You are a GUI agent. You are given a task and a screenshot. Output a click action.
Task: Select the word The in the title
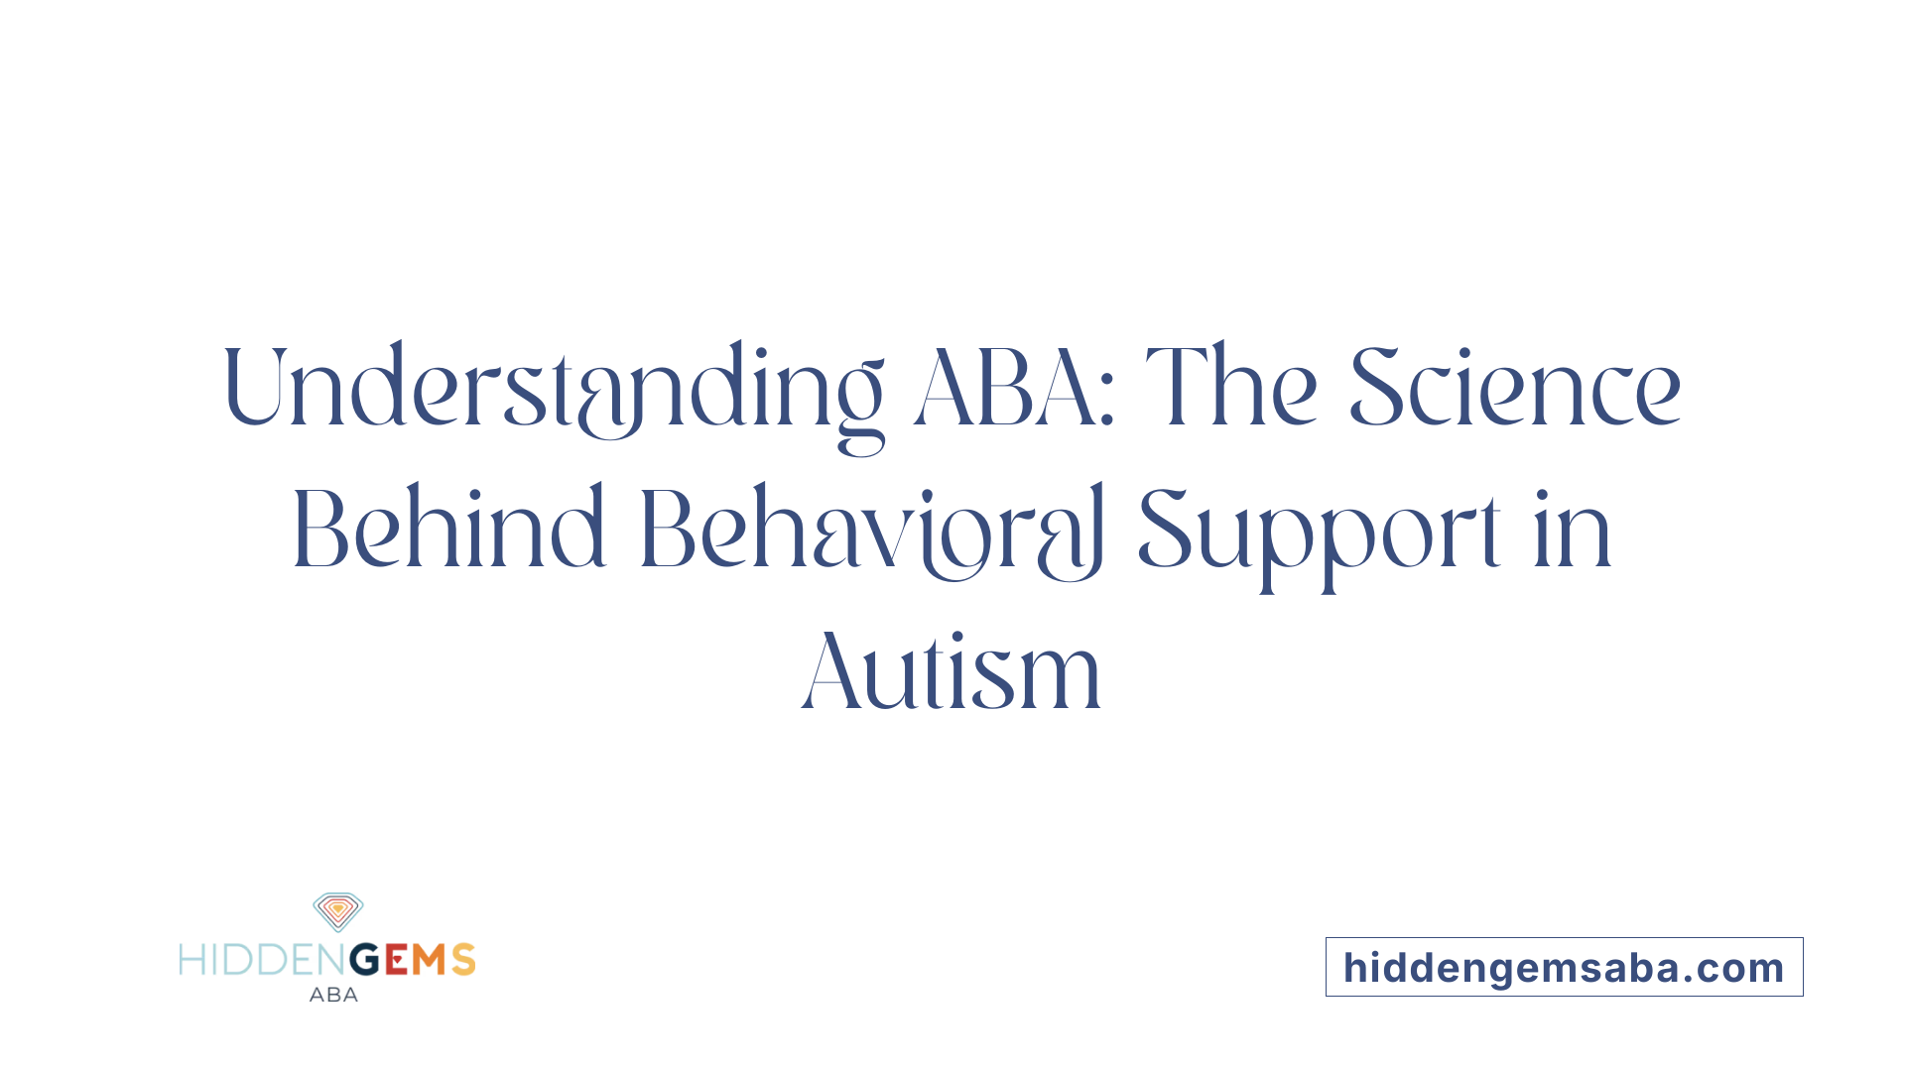(1231, 388)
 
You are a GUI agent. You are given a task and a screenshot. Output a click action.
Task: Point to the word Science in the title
(1514, 390)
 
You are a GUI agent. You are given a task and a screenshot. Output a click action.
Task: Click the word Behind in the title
(448, 531)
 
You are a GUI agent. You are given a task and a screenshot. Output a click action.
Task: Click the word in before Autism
(1572, 531)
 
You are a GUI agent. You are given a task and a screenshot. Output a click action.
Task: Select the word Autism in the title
(952, 672)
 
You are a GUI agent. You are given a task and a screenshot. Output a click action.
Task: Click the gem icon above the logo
(338, 911)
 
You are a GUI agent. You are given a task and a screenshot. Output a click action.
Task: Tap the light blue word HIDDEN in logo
(263, 960)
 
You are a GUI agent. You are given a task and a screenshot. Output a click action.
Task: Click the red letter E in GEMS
(397, 960)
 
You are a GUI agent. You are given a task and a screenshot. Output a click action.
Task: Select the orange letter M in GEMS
(430, 960)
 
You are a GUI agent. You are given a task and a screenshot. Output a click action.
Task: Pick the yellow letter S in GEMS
(463, 960)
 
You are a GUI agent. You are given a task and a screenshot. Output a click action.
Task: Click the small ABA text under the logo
(333, 995)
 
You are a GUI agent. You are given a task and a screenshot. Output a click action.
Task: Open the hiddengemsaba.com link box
(1564, 967)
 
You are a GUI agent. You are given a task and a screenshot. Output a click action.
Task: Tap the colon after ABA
(1107, 402)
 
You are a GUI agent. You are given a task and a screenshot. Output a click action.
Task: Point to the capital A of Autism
(829, 672)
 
